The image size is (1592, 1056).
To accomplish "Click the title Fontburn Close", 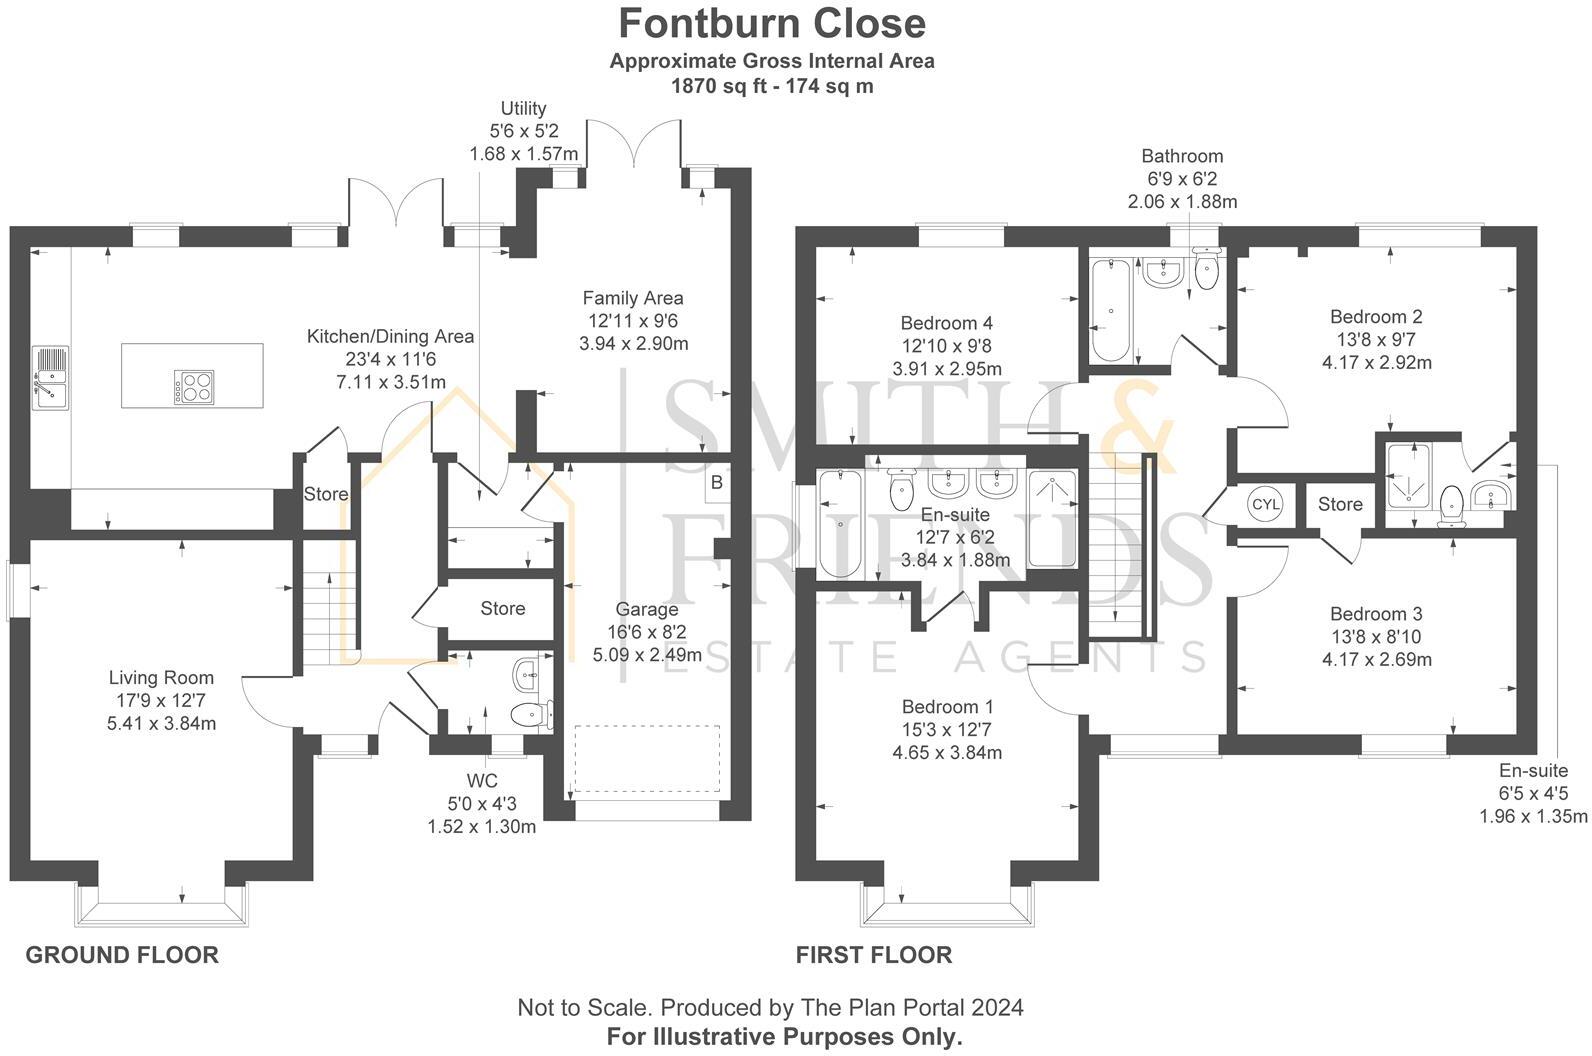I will (x=772, y=23).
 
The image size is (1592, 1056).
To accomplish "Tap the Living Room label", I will (x=161, y=678).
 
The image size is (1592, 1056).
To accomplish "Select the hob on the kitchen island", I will (x=194, y=387).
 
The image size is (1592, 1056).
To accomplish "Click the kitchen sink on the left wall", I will (x=49, y=377).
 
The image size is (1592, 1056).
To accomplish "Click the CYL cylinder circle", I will (x=1265, y=504).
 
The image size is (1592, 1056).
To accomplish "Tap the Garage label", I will (x=646, y=609).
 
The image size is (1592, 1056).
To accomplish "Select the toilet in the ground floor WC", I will (x=529, y=714).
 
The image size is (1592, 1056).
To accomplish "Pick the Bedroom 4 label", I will (x=946, y=323).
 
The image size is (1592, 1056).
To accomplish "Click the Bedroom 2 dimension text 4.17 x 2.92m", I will (x=1376, y=363).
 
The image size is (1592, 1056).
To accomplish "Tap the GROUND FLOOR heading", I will (x=122, y=955).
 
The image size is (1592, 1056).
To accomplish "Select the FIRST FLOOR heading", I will (x=873, y=955).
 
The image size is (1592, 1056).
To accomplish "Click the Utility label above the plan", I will (x=523, y=108).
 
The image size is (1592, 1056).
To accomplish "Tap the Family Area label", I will (x=633, y=298).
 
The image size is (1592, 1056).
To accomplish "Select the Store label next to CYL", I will (x=1339, y=504).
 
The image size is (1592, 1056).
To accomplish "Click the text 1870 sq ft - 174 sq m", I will (x=772, y=86).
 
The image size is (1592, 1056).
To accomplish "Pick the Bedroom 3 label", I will (x=1376, y=614).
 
